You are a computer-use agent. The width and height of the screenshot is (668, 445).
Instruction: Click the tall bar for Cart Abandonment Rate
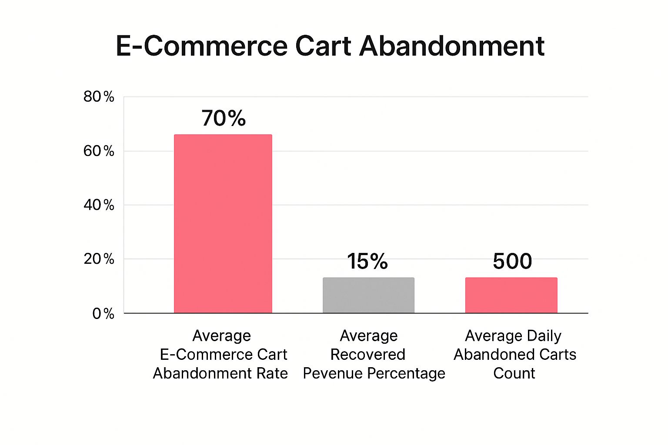coord(223,224)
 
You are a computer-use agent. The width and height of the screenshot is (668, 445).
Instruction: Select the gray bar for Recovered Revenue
coord(368,295)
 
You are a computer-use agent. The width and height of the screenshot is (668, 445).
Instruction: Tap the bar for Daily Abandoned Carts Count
coord(511,295)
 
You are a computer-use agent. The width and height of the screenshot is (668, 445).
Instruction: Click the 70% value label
coord(224,118)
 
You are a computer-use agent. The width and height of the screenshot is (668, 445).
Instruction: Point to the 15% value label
coord(367,261)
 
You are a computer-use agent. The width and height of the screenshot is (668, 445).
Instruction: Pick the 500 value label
coord(512,261)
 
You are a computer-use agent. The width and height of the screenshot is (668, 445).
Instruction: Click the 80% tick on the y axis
coord(99,96)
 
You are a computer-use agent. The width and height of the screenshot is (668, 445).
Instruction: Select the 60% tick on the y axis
coord(99,151)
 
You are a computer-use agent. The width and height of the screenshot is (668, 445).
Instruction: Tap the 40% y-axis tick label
coord(99,205)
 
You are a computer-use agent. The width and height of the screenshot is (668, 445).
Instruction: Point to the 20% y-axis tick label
coord(99,259)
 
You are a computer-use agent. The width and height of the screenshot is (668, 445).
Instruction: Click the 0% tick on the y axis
coord(103,313)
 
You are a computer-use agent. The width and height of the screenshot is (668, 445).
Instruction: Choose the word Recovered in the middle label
coord(367,355)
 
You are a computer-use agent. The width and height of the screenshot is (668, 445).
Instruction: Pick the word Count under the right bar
coord(514,373)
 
